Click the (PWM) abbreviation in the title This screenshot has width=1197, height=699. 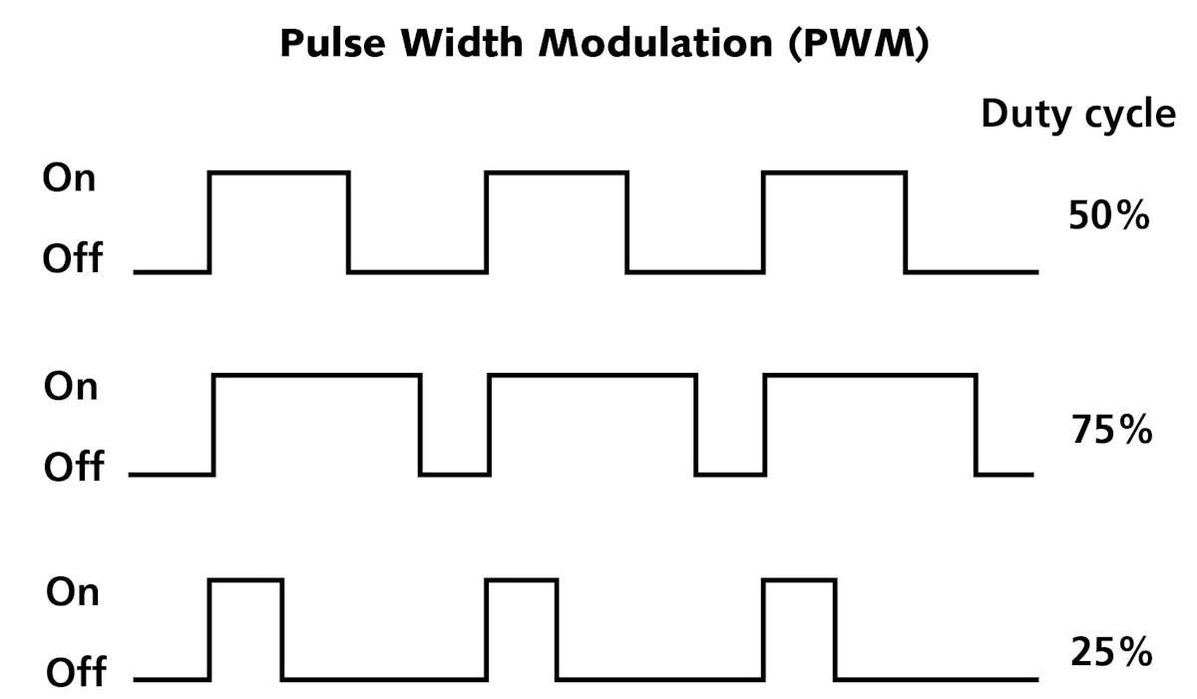pyautogui.click(x=856, y=46)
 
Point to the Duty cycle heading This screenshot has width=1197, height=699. pyautogui.click(x=1078, y=116)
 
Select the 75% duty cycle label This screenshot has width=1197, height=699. pyautogui.click(x=1111, y=431)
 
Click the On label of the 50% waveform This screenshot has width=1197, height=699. pyautogui.click(x=70, y=178)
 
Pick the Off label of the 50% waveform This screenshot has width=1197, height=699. pyautogui.click(x=72, y=258)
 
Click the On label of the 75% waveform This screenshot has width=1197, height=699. pyautogui.click(x=71, y=385)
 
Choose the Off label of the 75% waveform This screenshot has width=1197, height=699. pyautogui.click(x=73, y=466)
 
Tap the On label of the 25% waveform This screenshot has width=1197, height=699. pyautogui.click(x=73, y=592)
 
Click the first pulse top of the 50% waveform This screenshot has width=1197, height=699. pyautogui.click(x=279, y=173)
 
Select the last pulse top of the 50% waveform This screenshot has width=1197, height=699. pyautogui.click(x=834, y=173)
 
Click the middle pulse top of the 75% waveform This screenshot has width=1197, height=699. pyautogui.click(x=592, y=376)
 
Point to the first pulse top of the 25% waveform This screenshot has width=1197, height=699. pyautogui.click(x=245, y=578)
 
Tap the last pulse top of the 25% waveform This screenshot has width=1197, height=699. pyautogui.click(x=799, y=578)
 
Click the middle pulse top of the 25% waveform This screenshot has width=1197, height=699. pyautogui.click(x=522, y=578)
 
